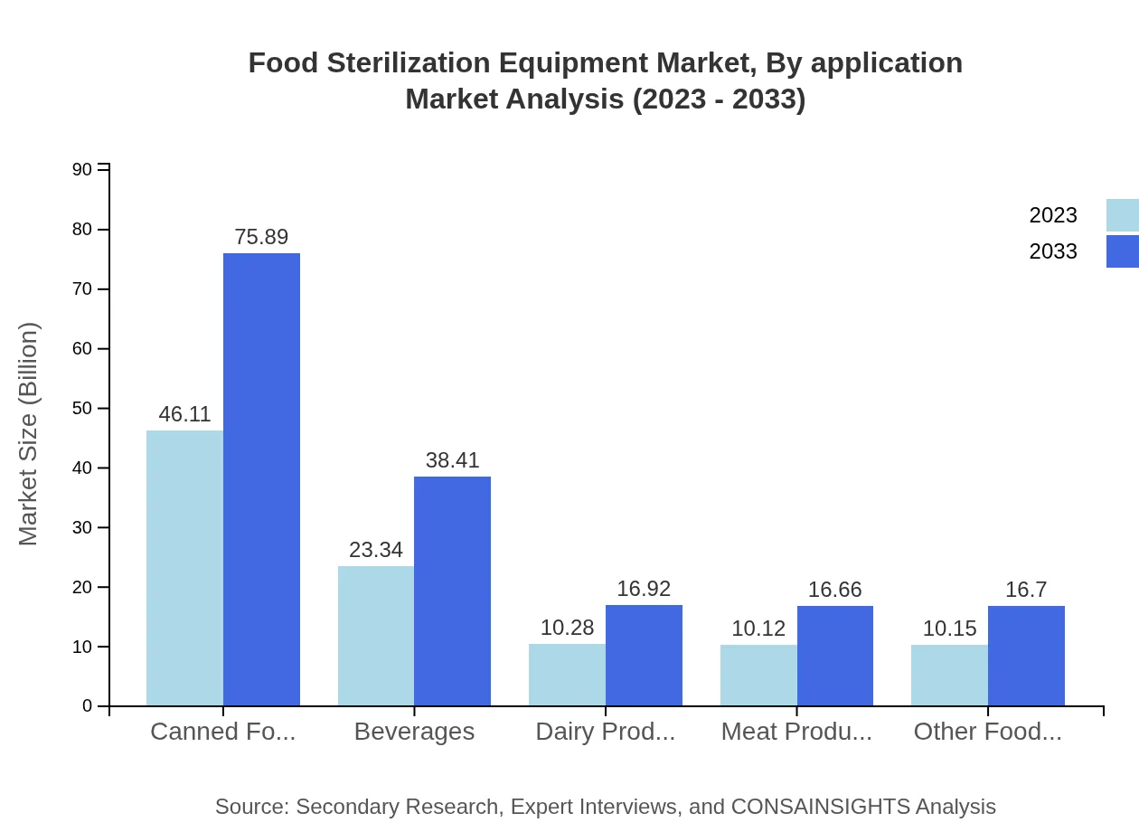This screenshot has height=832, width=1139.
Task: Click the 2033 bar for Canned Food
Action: (x=261, y=479)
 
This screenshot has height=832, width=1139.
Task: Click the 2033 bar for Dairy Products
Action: (x=644, y=656)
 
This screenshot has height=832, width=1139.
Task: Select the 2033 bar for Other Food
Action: (x=1026, y=656)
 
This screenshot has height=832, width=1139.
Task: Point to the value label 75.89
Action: (x=261, y=237)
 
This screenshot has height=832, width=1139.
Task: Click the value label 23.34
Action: (x=376, y=550)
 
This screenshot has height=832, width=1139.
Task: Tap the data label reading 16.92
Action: (x=644, y=589)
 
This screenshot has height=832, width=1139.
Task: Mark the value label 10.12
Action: (x=758, y=629)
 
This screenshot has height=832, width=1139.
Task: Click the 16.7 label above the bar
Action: (x=1026, y=590)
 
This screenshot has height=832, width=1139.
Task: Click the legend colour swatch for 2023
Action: (x=1123, y=215)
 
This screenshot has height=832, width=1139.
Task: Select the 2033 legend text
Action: (x=1053, y=251)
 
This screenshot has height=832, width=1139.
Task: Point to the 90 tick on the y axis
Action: (x=82, y=170)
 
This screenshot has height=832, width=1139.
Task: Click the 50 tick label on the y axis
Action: (x=82, y=409)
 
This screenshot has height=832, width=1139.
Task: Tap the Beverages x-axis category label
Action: (x=414, y=732)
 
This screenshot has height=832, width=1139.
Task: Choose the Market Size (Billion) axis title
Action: (x=29, y=434)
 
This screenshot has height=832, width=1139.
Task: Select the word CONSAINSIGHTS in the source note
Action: (x=820, y=807)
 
